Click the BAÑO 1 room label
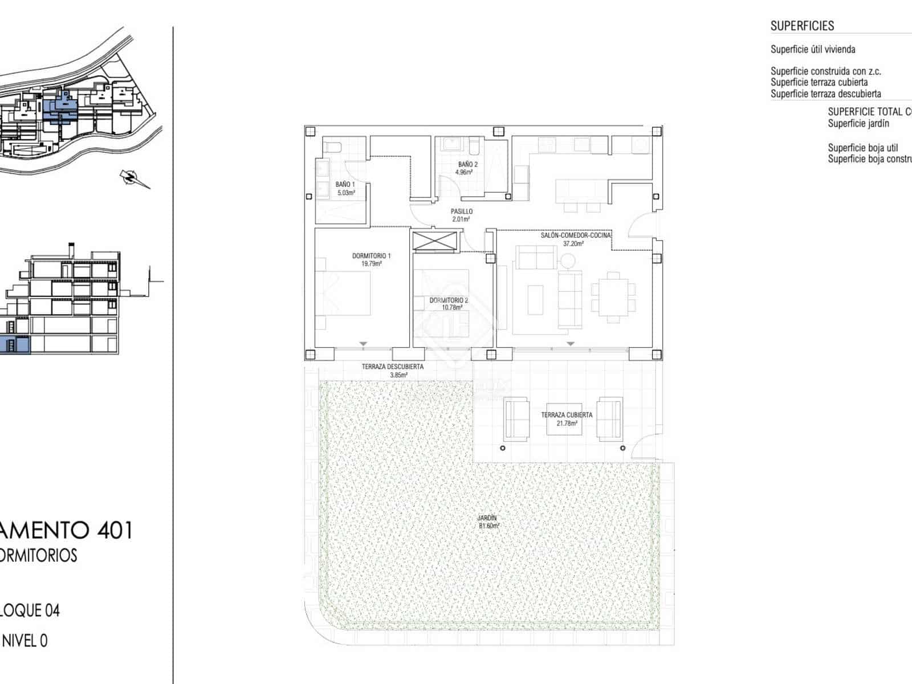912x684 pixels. click(345, 185)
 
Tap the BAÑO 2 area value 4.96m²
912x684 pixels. click(464, 172)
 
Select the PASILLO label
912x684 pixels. click(462, 211)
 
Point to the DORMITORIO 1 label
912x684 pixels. click(371, 256)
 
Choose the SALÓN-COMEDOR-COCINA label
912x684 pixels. click(575, 235)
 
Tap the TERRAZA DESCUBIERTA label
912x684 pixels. click(392, 367)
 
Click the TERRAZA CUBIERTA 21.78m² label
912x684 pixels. click(567, 419)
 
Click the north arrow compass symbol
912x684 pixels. click(133, 178)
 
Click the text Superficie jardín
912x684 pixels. click(858, 124)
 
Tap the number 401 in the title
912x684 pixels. click(115, 530)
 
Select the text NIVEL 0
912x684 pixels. click(25, 641)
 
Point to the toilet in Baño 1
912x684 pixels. click(332, 148)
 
